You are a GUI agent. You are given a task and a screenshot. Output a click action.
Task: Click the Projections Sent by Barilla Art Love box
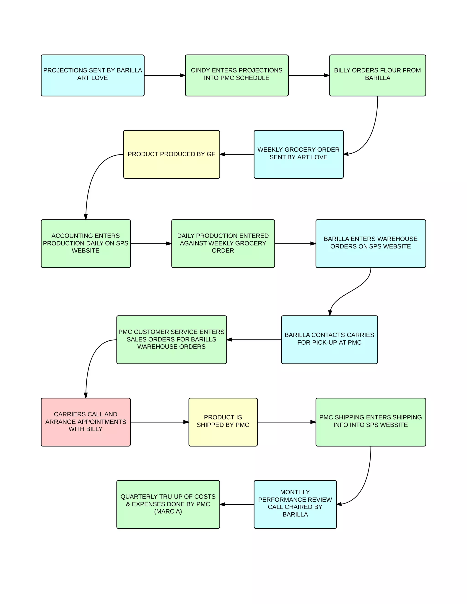[92, 75]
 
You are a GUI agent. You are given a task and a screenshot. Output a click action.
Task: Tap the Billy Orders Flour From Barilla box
[377, 75]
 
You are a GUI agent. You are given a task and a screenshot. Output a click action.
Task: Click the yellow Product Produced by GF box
[171, 154]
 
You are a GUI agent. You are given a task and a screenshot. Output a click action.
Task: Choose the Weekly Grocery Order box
[298, 154]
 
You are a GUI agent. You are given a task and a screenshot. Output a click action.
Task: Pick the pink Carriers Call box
[86, 422]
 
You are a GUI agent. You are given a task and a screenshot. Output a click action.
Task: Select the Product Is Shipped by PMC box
[223, 422]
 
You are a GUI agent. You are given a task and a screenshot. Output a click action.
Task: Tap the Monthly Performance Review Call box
[295, 504]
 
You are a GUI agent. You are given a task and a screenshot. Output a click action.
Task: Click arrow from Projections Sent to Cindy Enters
[165, 75]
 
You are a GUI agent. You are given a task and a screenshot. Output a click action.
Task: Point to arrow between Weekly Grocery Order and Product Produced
[237, 154]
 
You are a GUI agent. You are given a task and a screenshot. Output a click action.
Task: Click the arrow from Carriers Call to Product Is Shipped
[159, 422]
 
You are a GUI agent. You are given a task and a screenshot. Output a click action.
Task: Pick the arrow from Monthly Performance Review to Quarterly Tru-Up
[237, 504]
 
